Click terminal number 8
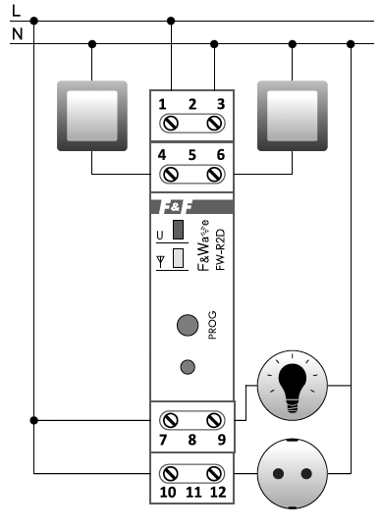click(x=191, y=441)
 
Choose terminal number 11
click(x=191, y=490)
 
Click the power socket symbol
click(x=292, y=472)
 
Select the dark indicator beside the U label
click(x=179, y=233)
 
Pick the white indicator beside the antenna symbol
click(x=179, y=259)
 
